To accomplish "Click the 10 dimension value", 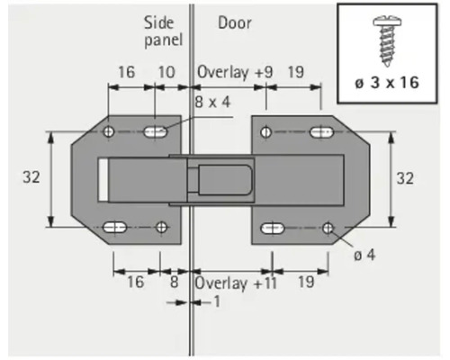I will (166, 71).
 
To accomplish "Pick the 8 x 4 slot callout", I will (212, 101).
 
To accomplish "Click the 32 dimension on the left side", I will (31, 177).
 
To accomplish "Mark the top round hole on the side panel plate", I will (109, 133).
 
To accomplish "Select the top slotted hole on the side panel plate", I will (155, 133).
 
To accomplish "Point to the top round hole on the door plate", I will (266, 133).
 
